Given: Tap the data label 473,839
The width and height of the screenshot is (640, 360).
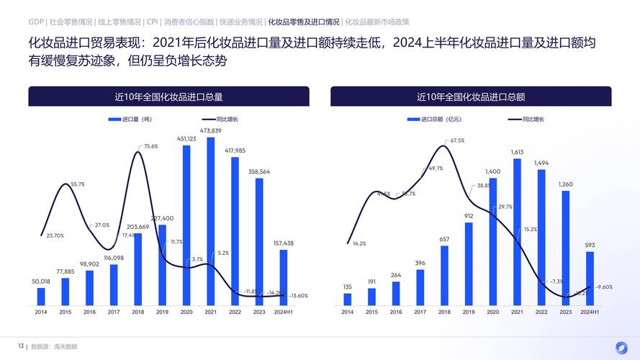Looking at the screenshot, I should (210, 130).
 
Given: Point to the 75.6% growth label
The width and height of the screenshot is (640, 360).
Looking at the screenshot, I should (150, 146).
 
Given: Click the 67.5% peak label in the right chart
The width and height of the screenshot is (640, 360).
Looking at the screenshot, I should (457, 140).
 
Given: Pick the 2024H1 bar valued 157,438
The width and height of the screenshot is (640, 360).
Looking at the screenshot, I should (284, 277).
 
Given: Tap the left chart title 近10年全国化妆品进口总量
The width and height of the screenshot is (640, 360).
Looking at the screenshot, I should (168, 96).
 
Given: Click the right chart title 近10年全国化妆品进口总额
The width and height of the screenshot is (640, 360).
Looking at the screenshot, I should (471, 96).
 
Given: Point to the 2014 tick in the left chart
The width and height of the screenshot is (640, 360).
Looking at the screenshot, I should (41, 312).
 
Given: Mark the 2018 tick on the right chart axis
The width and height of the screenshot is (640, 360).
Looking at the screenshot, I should (444, 312).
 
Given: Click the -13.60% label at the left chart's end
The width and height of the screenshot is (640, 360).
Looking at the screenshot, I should (298, 296).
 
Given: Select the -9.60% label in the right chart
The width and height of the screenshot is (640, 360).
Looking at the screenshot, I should (604, 287).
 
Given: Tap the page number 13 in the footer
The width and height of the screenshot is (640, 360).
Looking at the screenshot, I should (21, 346).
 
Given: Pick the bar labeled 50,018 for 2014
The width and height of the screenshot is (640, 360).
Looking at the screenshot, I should (41, 297).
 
